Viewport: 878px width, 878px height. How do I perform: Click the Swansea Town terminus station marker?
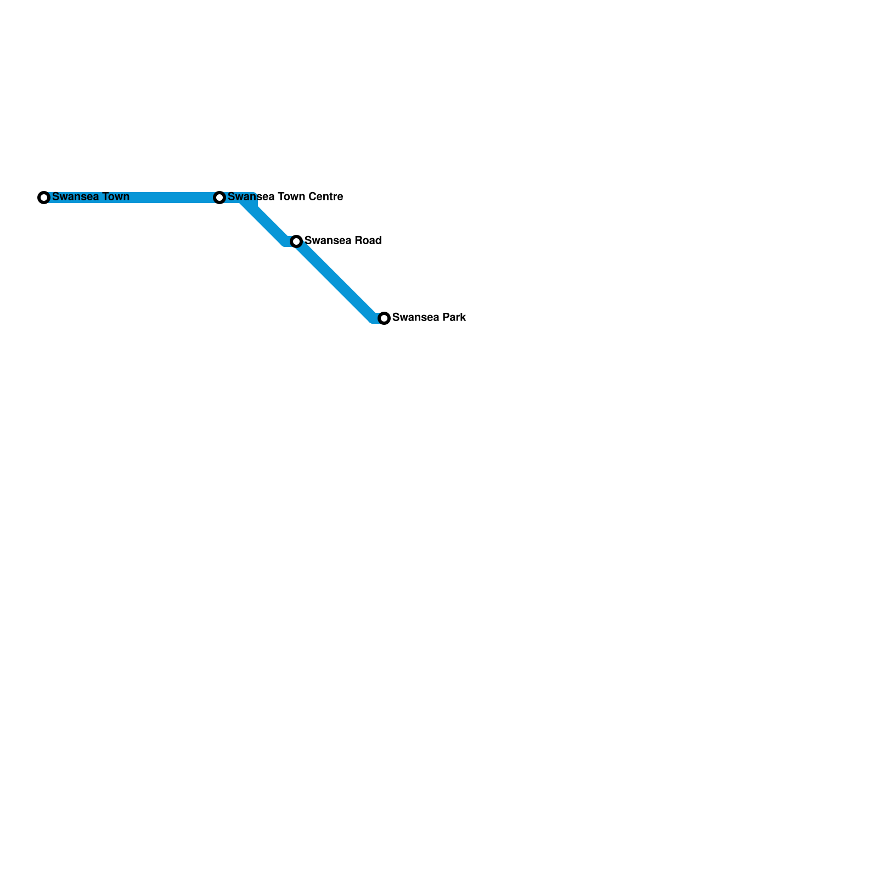point(44,198)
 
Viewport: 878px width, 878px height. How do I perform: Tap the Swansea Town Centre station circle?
point(219,198)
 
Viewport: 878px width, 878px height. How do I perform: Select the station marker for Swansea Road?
point(296,241)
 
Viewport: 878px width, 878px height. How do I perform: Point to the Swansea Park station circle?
point(384,318)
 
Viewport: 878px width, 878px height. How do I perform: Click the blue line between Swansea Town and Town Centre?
point(132,198)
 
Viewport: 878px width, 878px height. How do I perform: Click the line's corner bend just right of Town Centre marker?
point(250,198)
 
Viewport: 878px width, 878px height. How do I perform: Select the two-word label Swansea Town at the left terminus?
point(91,196)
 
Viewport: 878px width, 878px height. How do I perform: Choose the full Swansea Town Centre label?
point(285,196)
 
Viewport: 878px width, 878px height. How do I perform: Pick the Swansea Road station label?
point(343,240)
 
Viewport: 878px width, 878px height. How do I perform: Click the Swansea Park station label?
point(429,317)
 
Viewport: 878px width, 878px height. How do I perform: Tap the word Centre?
point(327,196)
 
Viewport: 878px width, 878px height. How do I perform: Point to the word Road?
point(368,240)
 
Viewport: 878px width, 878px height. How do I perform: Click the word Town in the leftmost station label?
point(115,196)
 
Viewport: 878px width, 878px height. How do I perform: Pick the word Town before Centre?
point(292,196)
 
